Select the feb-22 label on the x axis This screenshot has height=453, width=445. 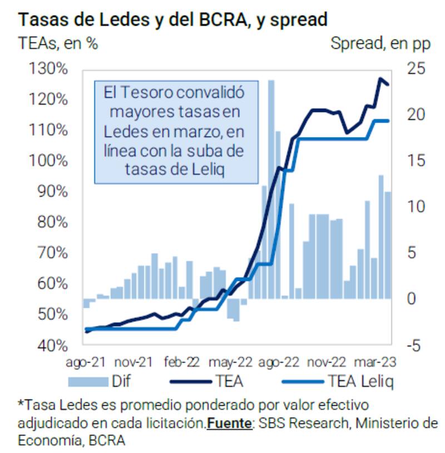point(182,362)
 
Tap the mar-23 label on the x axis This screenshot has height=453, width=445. point(376,362)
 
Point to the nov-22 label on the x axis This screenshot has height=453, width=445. point(328,362)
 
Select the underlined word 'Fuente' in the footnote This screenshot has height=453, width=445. point(229,423)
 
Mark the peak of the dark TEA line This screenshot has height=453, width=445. point(380,79)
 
